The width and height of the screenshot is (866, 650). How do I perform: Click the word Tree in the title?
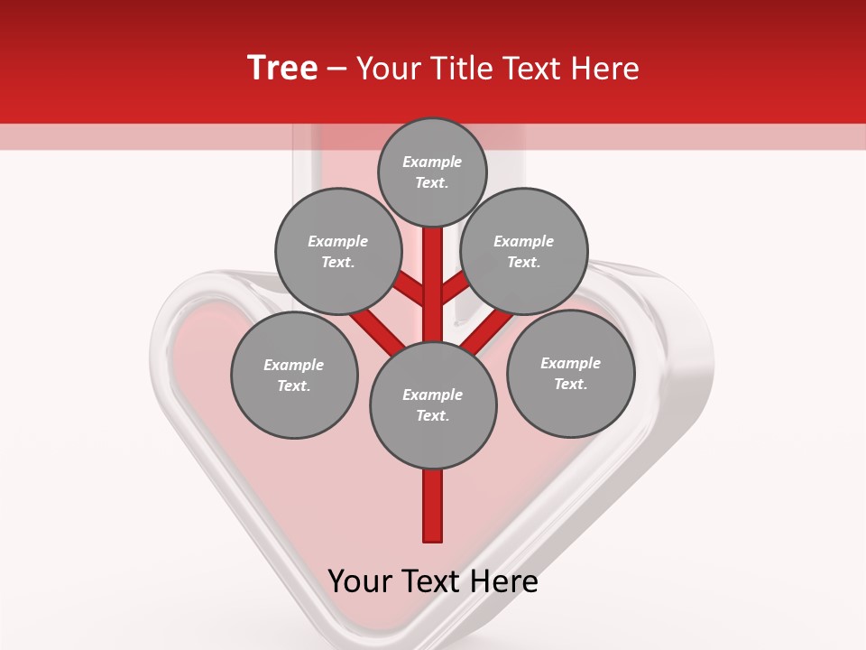click(x=282, y=69)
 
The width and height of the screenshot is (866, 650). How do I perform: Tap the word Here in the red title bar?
click(x=606, y=69)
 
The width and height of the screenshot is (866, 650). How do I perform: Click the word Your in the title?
click(x=390, y=69)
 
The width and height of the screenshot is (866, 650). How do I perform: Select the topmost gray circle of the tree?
click(x=433, y=172)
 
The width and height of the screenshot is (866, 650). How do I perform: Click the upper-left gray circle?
click(x=338, y=252)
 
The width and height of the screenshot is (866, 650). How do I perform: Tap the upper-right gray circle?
click(x=524, y=252)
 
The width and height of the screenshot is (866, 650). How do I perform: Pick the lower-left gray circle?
click(x=294, y=376)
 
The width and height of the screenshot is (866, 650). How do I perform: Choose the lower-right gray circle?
click(x=570, y=374)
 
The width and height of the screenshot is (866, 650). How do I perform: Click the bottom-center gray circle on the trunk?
click(x=433, y=405)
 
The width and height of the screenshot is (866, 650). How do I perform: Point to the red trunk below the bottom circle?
click(x=433, y=506)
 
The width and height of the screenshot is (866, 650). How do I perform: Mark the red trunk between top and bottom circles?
click(x=433, y=284)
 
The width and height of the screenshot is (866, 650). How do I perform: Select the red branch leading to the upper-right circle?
click(x=455, y=289)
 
